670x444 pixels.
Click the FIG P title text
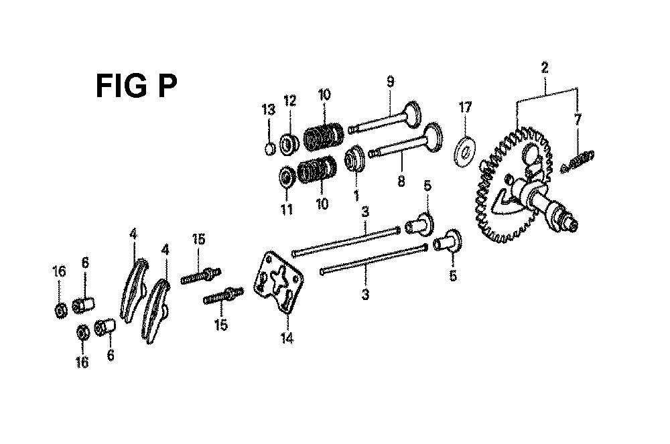(136, 86)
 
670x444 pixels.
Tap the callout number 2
(544, 68)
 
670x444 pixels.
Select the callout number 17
(465, 106)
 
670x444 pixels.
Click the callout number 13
(269, 110)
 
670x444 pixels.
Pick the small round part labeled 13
(269, 149)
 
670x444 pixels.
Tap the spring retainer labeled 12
(289, 144)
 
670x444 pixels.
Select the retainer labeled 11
(286, 176)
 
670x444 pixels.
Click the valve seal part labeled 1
(354, 159)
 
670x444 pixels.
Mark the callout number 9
(390, 82)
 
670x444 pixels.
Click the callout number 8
(401, 181)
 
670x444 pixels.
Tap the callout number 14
(287, 339)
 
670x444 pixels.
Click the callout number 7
(578, 119)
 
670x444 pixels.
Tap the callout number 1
(356, 196)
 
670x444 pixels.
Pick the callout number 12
(289, 100)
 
